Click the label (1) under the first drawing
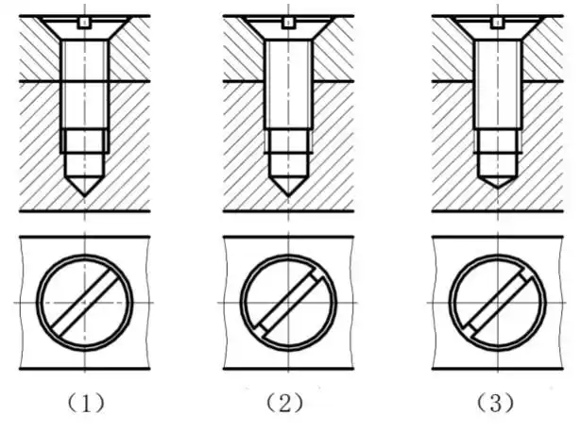83,404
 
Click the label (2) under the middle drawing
284,404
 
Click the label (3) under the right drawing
494,404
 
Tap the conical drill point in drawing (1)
83,178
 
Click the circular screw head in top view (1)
83,302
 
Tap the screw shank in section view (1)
83,85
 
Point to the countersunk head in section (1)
83,32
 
